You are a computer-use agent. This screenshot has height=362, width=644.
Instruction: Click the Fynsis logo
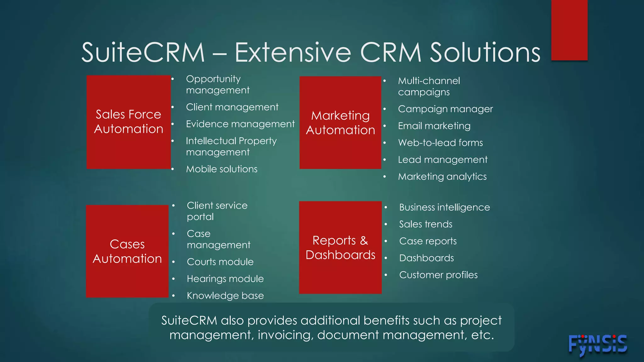(597, 345)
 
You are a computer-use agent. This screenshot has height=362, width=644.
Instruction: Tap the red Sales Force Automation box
(129, 122)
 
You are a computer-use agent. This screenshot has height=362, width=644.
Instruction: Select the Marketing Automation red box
(340, 123)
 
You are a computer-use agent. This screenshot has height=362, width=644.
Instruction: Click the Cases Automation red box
(127, 251)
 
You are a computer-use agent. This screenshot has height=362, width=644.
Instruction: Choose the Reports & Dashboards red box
(340, 247)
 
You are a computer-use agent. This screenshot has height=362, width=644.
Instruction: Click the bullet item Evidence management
(240, 124)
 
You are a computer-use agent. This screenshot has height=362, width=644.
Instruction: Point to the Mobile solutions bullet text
(222, 169)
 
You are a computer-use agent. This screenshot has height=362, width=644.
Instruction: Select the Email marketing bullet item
(434, 126)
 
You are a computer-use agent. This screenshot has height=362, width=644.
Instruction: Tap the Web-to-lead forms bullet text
(440, 143)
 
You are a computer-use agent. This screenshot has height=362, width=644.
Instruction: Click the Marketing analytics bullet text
(442, 177)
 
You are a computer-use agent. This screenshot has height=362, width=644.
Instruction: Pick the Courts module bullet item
(220, 262)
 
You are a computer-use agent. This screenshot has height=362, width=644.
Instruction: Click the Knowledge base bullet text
(225, 296)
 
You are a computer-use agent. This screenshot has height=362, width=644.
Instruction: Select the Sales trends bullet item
(425, 224)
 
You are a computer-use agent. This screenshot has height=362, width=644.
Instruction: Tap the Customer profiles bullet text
(438, 275)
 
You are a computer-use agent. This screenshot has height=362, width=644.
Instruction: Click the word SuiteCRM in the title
(143, 52)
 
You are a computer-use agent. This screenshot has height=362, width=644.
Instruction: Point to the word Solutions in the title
(485, 52)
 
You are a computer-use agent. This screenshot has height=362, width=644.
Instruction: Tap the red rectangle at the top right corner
(569, 30)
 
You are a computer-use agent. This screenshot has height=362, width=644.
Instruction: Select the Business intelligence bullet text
(444, 207)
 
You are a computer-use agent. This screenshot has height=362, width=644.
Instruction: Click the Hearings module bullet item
(225, 279)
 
